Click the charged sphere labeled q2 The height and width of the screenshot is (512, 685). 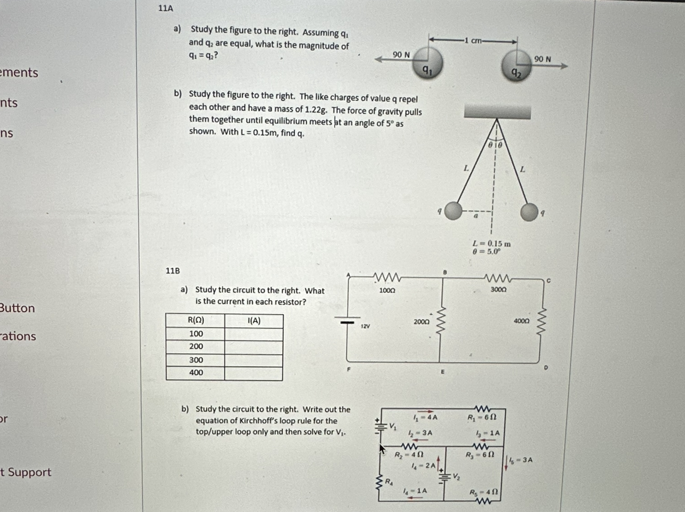[515, 66]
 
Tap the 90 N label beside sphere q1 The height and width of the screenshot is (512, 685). [401, 54]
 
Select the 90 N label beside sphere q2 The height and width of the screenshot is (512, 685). [542, 59]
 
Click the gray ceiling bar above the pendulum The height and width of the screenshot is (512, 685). [497, 111]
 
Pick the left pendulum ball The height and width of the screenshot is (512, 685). [453, 211]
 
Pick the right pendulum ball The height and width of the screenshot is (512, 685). [529, 212]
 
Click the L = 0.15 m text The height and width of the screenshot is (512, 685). [491, 243]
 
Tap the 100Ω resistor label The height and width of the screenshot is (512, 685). [387, 291]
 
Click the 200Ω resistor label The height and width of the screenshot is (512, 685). [421, 322]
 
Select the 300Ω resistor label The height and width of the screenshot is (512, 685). [498, 289]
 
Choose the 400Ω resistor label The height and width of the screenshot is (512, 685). [521, 321]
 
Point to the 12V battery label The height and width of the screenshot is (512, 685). [365, 325]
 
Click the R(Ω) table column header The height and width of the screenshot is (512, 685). [196, 321]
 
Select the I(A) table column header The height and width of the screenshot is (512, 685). [254, 321]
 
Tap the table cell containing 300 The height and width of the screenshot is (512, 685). [196, 360]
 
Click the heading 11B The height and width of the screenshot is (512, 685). [172, 271]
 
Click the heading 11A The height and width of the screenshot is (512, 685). [165, 8]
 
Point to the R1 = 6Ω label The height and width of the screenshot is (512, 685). [482, 417]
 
